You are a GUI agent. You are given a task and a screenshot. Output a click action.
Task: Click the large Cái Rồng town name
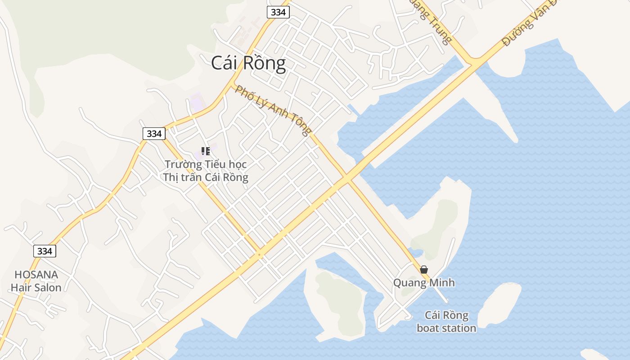coord(248,63)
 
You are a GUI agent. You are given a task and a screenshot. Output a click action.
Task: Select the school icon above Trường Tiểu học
coord(205,151)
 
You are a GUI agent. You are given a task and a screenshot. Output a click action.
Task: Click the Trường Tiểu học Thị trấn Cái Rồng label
coord(206,171)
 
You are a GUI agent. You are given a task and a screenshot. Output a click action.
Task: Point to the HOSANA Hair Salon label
coord(36,281)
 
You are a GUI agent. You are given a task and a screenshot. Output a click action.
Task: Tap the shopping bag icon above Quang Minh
coord(423,270)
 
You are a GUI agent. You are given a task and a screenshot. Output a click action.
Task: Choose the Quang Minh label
coord(424,283)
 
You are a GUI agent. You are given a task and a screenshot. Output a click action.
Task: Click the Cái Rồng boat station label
coord(446,321)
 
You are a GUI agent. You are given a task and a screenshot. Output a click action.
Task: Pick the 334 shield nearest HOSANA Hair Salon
coord(45,251)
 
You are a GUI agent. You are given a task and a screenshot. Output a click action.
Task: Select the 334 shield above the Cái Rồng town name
coord(278,12)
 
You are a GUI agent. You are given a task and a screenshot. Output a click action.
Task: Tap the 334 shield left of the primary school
coord(154,134)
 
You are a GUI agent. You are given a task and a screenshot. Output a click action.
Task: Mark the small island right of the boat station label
coord(499,304)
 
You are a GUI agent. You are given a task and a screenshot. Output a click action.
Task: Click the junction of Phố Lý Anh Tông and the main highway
coord(347,179)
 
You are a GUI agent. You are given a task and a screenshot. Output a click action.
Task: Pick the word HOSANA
coord(36,274)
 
